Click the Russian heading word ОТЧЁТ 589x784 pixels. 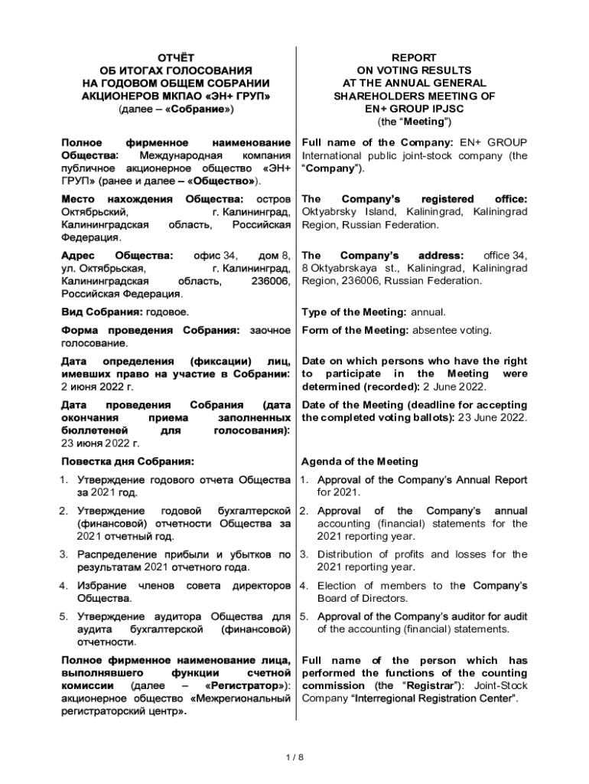click(x=176, y=57)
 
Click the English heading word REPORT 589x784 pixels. click(x=414, y=57)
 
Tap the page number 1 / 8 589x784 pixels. click(x=294, y=757)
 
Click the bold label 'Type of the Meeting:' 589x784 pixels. click(x=354, y=312)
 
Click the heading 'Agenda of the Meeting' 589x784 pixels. click(x=360, y=462)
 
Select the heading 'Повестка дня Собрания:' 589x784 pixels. click(x=127, y=462)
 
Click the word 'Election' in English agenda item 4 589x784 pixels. click(x=337, y=586)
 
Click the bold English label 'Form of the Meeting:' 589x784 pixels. click(x=356, y=330)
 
